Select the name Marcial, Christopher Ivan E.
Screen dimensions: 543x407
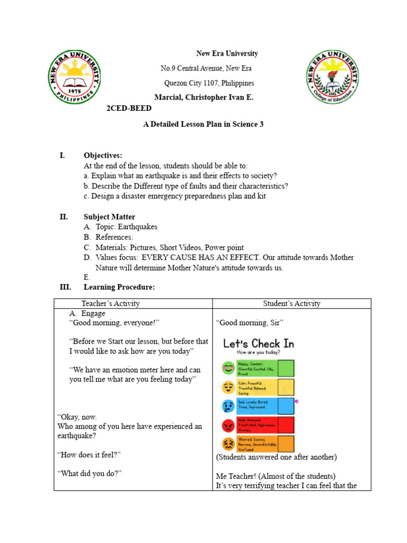203,98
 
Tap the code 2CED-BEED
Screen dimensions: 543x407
129,108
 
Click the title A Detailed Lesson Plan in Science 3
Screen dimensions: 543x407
203,124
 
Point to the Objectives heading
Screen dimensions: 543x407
103,155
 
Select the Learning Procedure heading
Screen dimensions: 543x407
119,287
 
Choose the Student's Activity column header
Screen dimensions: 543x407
291,303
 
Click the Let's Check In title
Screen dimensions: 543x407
258,344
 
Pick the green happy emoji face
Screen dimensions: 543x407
228,367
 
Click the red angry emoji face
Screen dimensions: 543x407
228,425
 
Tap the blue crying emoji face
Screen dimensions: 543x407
228,406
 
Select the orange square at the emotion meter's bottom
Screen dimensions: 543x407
286,444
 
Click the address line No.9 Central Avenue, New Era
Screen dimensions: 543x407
206,68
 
